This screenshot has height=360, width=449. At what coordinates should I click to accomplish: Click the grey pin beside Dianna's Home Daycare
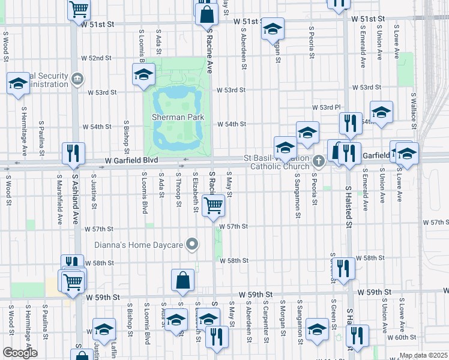coord(192,244)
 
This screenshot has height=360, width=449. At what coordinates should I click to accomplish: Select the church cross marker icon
coord(319,161)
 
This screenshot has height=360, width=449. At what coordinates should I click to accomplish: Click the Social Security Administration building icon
coord(77,79)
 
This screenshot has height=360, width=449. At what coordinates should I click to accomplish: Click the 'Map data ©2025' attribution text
coord(423,355)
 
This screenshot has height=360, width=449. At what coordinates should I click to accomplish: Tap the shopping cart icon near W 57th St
coord(214,206)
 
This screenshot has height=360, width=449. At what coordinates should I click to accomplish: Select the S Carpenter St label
coord(265,318)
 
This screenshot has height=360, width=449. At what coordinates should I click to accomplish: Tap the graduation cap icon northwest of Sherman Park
coord(144,75)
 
